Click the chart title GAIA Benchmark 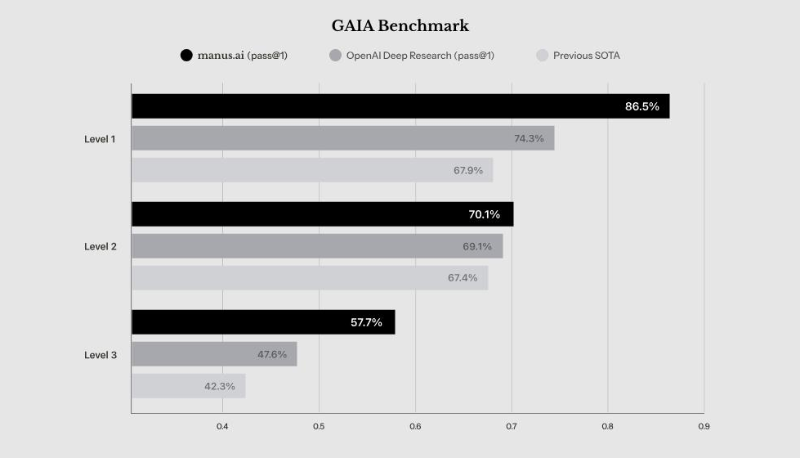click(400, 26)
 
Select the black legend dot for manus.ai click(186, 56)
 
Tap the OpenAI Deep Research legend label click(420, 56)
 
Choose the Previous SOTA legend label click(586, 56)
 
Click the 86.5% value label click(641, 106)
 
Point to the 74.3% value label click(529, 138)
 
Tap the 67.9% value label click(468, 170)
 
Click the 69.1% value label click(477, 246)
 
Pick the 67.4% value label click(463, 278)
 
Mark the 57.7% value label click(366, 322)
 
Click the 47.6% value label click(272, 354)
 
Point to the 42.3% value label click(220, 386)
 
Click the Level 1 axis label click(100, 139)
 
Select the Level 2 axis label click(100, 246)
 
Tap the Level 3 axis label click(100, 355)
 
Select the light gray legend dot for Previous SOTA click(541, 56)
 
